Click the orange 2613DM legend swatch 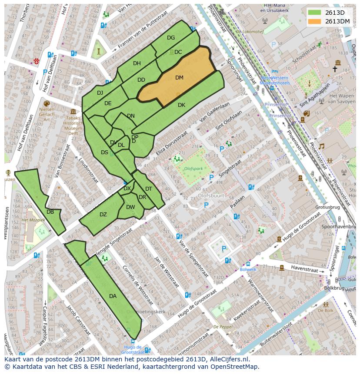click(315, 21)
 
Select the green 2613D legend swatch click(315, 12)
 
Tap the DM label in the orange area click(179, 78)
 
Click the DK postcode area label click(181, 105)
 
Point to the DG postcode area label click(171, 38)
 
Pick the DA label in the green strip click(113, 296)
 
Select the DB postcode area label click(50, 212)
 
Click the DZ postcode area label click(103, 215)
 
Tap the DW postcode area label click(130, 207)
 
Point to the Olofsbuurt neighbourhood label click(211, 195)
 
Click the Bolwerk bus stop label click(248, 269)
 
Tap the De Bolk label click(325, 311)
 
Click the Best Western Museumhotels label click(275, 80)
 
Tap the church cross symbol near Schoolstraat click(335, 69)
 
